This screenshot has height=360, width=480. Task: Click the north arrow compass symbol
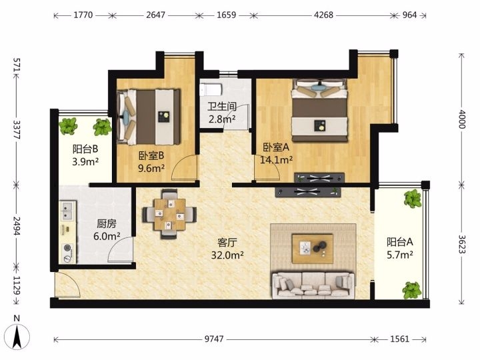[17, 335]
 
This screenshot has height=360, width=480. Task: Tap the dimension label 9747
[214, 339]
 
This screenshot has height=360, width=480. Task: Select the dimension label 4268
[323, 15]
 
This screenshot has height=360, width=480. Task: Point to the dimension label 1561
[399, 339]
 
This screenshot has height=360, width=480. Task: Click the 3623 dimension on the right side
[462, 244]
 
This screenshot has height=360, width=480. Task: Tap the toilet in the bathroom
[210, 89]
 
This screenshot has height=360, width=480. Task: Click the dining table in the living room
[169, 214]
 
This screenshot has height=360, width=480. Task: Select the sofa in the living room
[313, 285]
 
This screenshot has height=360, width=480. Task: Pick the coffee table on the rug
[312, 248]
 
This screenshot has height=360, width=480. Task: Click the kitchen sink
[67, 210]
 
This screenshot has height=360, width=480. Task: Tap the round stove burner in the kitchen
[68, 248]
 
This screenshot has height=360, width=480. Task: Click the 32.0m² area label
[227, 255]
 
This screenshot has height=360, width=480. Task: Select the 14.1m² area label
[277, 159]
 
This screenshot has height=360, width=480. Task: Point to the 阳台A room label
[400, 242]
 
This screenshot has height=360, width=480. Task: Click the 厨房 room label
[107, 224]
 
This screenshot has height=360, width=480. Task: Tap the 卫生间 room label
[222, 107]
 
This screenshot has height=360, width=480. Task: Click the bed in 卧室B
[149, 117]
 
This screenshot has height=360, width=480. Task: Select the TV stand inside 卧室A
[319, 177]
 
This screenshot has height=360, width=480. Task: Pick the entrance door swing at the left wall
[67, 284]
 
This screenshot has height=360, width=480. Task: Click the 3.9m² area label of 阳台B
[85, 161]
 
